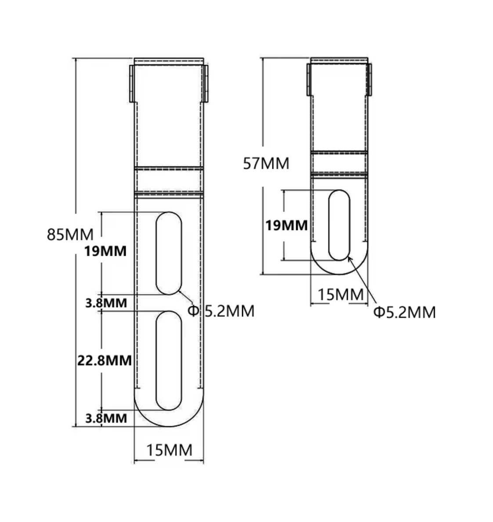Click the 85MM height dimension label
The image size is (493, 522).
tap(70, 234)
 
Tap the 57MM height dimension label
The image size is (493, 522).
tap(266, 163)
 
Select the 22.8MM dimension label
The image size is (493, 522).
tap(105, 361)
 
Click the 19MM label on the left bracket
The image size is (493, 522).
tap(105, 251)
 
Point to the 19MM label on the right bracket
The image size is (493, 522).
tap(286, 225)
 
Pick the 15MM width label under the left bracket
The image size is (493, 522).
tap(169, 450)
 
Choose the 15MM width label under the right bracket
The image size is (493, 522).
tap(341, 295)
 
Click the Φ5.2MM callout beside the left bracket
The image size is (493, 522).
tap(221, 311)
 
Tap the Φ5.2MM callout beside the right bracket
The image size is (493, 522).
tap(404, 312)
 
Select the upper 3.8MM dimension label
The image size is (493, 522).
tap(106, 303)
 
